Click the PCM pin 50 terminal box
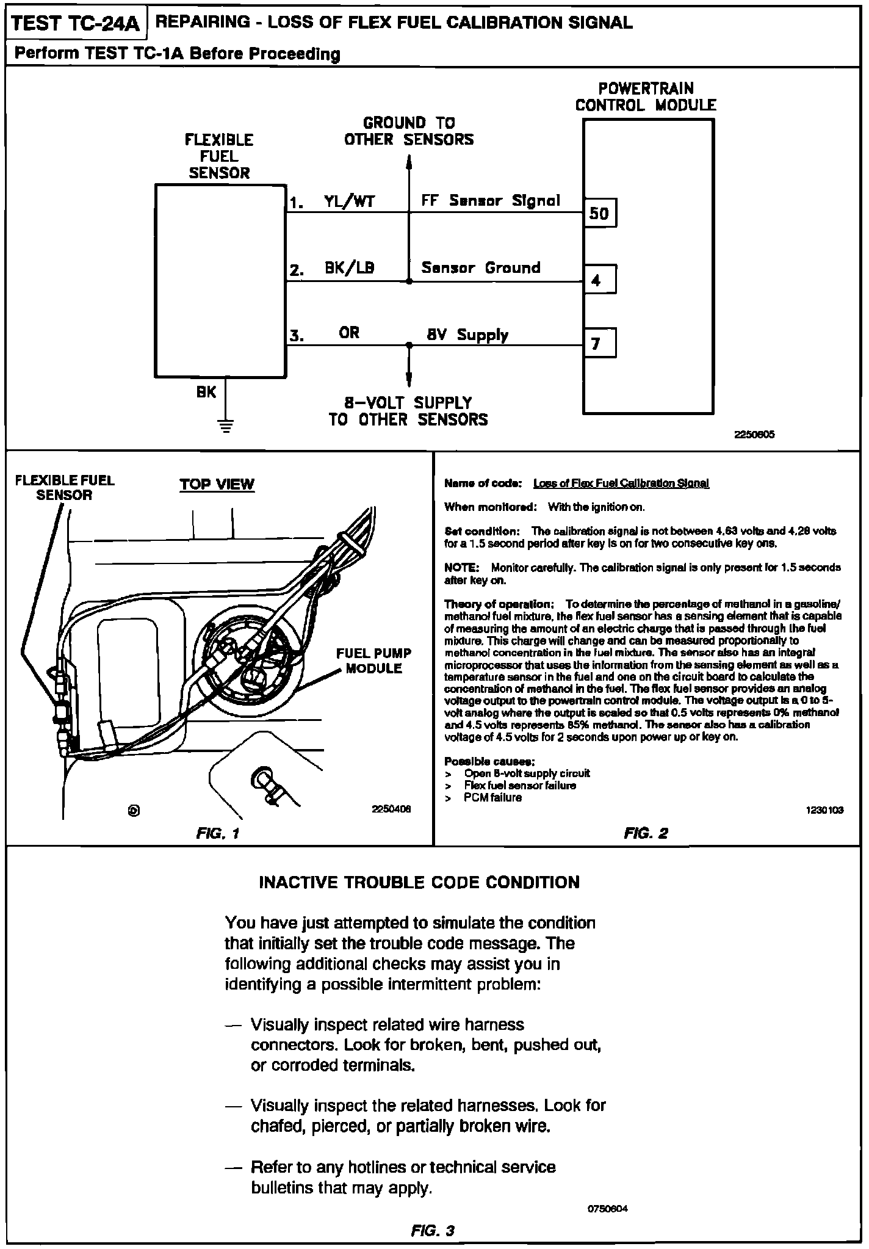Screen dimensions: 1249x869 [600, 213]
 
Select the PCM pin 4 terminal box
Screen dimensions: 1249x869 [600, 280]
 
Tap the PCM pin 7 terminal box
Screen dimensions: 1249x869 [600, 343]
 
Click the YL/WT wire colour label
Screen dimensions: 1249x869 [350, 201]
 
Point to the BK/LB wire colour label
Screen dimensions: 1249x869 [350, 268]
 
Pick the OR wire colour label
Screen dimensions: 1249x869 [350, 333]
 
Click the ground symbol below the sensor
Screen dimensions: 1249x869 [226, 425]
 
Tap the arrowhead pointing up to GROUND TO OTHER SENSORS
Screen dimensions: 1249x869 [409, 161]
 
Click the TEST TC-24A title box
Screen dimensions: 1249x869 [76, 24]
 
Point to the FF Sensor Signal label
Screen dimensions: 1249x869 [491, 201]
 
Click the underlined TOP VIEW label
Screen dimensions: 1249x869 [217, 485]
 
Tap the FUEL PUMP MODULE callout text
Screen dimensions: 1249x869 [374, 661]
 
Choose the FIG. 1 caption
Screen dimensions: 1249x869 [218, 833]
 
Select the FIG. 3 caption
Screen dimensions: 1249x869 [433, 1231]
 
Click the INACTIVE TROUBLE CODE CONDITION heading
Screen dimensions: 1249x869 [419, 883]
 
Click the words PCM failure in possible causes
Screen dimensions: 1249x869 [492, 798]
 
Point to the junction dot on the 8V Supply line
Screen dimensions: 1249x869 [409, 346]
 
